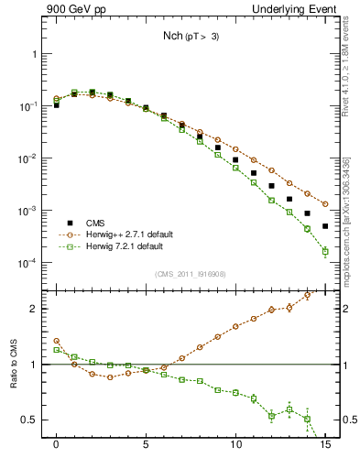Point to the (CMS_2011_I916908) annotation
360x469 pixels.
pos(191,274)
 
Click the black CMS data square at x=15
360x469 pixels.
pos(325,225)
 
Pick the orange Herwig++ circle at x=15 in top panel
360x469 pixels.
pos(325,203)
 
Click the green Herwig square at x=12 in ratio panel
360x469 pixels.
pos(271,416)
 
